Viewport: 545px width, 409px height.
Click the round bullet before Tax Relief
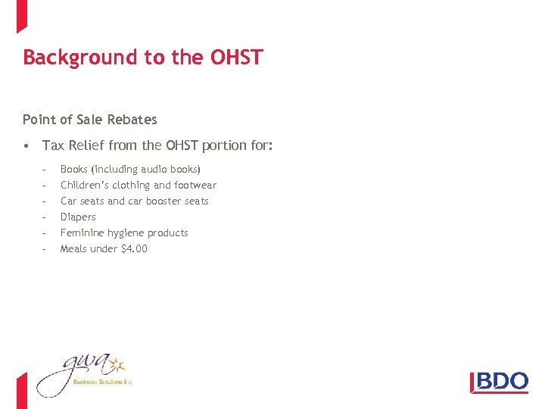tap(26, 145)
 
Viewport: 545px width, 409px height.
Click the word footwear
tap(196, 185)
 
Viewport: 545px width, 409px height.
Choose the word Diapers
tap(78, 217)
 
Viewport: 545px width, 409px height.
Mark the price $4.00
tap(134, 248)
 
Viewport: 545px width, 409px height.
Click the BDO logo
tap(500, 381)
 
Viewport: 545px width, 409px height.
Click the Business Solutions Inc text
tap(102, 382)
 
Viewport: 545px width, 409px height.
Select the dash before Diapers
tap(45, 217)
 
